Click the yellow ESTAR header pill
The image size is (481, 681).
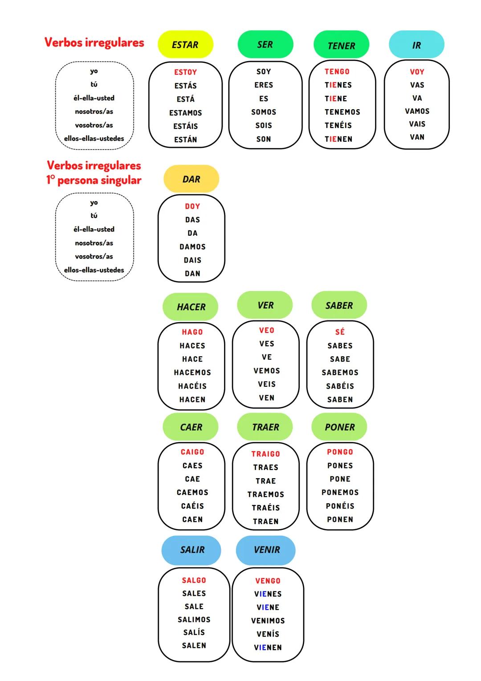(185, 45)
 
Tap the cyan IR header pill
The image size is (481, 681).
(416, 45)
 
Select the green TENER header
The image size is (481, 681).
(341, 45)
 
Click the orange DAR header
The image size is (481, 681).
(191, 179)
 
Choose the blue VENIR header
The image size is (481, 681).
(266, 550)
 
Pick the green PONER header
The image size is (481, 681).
(339, 427)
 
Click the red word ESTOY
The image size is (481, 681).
(185, 72)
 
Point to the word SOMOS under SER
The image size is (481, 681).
(264, 112)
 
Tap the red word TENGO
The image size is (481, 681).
(337, 72)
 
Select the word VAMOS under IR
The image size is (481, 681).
(417, 111)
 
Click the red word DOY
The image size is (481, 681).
(192, 206)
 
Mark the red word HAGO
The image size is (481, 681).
(192, 332)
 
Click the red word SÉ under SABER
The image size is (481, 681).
(340, 332)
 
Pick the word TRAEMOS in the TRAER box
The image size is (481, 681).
(265, 494)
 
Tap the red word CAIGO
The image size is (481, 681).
(192, 452)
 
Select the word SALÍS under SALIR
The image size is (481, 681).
(194, 632)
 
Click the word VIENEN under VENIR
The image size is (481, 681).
(268, 648)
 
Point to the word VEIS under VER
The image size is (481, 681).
(267, 384)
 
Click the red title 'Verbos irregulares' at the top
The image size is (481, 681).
(94, 43)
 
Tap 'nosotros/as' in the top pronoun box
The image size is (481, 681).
(94, 111)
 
